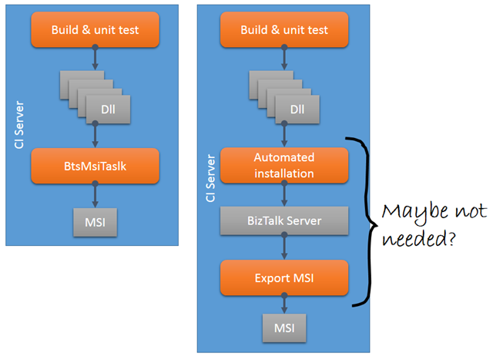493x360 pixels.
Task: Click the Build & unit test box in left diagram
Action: pos(96,30)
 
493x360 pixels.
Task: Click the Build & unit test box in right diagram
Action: pos(285,30)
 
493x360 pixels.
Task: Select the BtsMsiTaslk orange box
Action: pos(96,165)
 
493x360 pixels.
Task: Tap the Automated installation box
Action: pos(285,165)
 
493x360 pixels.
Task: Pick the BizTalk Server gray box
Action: pos(285,220)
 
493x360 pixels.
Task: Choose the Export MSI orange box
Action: pos(285,277)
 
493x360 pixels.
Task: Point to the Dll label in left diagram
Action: pos(106,109)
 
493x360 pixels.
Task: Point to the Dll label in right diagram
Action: pos(296,109)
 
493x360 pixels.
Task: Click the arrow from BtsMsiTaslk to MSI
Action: pos(96,194)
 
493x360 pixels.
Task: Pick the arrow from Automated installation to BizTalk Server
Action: pos(285,194)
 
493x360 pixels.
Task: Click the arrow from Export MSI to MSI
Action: pos(285,304)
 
